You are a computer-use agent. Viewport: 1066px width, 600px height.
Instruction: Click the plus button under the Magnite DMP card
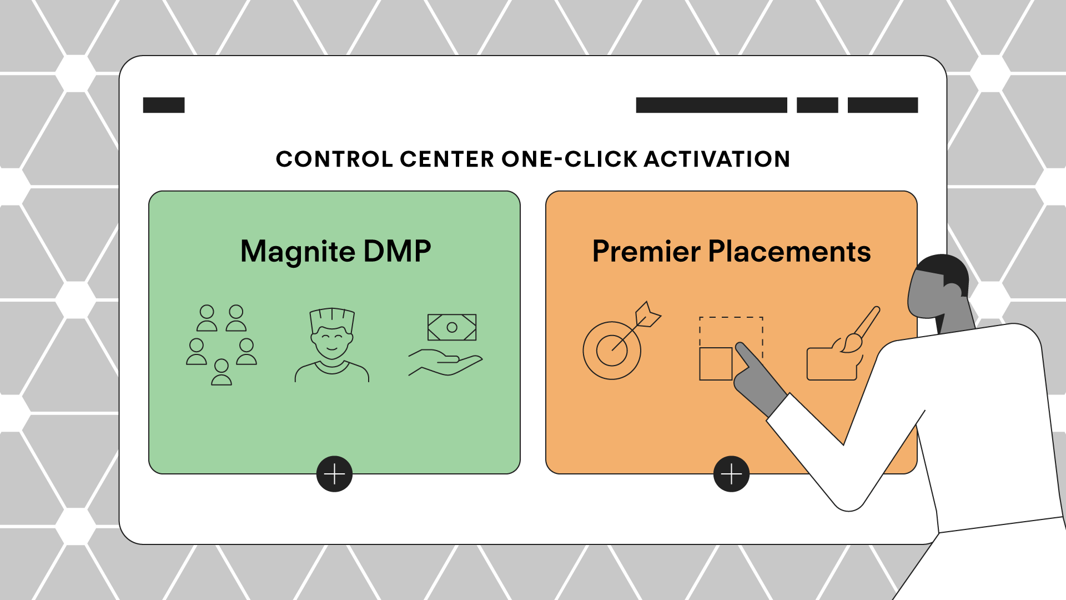click(334, 474)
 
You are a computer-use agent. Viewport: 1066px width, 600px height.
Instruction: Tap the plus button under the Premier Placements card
click(731, 474)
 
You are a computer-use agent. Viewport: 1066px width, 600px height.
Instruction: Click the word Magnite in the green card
click(298, 252)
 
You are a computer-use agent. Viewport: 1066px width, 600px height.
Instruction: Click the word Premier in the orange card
click(646, 251)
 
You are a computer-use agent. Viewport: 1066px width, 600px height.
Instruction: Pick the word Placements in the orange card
click(790, 251)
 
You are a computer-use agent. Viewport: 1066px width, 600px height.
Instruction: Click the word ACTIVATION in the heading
click(717, 159)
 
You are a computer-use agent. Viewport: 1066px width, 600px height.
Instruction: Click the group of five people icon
click(222, 344)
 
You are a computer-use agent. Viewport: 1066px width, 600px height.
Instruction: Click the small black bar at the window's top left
click(164, 105)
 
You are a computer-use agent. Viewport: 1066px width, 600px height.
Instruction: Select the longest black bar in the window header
click(711, 105)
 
